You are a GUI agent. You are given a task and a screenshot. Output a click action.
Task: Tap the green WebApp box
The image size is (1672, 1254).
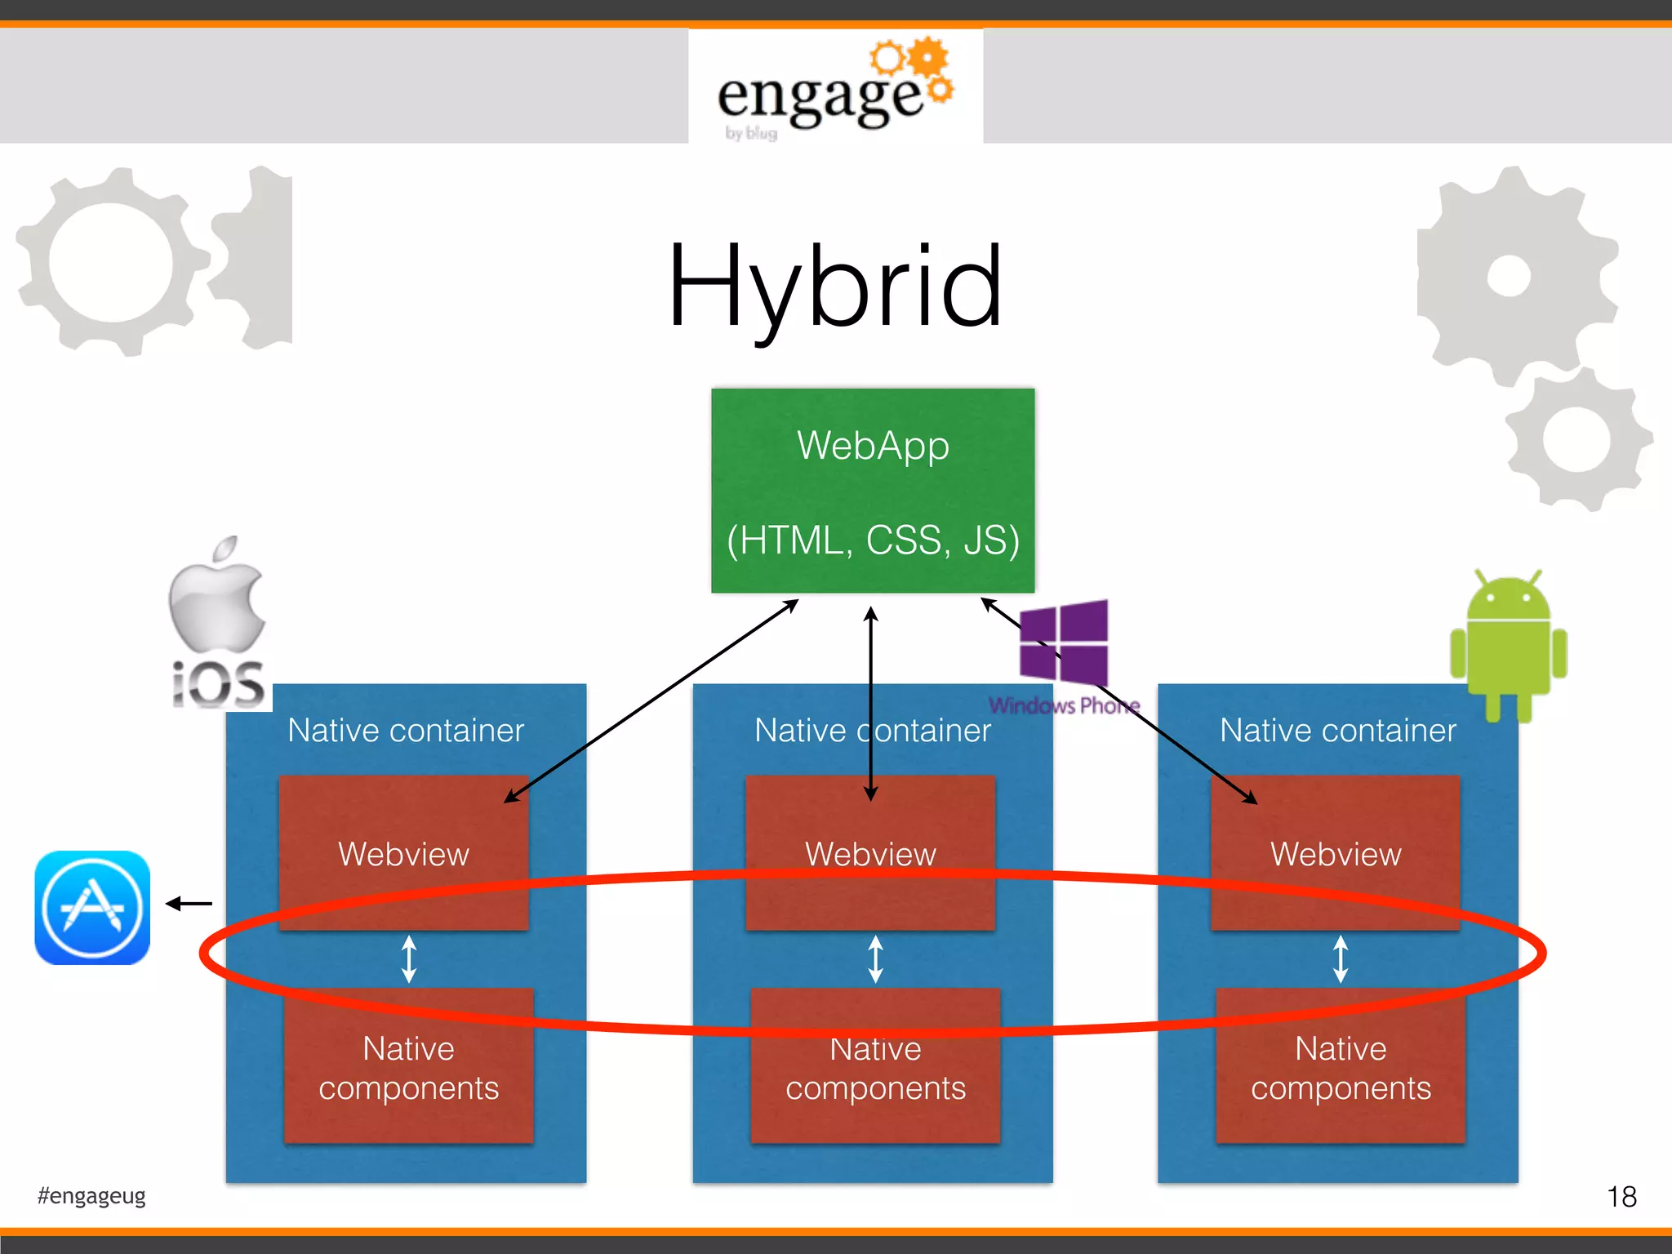[x=872, y=490]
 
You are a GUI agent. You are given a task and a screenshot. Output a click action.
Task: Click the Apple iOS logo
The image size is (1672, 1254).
[x=218, y=620]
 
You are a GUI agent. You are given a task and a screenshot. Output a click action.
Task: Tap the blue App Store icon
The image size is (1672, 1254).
[x=92, y=908]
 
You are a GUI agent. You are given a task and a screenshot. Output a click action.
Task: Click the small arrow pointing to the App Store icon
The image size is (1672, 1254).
[x=189, y=903]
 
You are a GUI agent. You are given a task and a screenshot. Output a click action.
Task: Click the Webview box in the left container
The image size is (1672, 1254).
[x=403, y=853]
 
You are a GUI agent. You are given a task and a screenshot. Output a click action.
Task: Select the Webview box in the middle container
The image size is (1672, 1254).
[x=870, y=853]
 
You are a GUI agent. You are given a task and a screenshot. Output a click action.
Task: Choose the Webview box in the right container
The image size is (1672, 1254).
[x=1336, y=853]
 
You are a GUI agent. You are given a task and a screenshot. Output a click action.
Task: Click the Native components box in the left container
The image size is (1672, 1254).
[x=408, y=1068]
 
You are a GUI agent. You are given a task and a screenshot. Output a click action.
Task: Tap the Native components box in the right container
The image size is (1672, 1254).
[x=1341, y=1068]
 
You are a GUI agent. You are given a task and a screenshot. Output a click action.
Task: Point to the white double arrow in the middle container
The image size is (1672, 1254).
[x=875, y=958]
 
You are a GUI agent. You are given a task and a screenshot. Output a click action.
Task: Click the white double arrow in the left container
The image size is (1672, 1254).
[x=409, y=958]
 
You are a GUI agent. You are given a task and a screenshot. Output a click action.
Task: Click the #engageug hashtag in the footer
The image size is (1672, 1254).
[x=91, y=1196]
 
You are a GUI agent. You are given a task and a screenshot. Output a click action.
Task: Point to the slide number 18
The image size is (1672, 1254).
[x=1621, y=1197]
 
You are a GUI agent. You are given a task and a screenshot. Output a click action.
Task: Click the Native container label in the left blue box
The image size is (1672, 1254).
[x=406, y=730]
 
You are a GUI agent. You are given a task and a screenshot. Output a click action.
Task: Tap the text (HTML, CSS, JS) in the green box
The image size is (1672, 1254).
[x=872, y=540]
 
